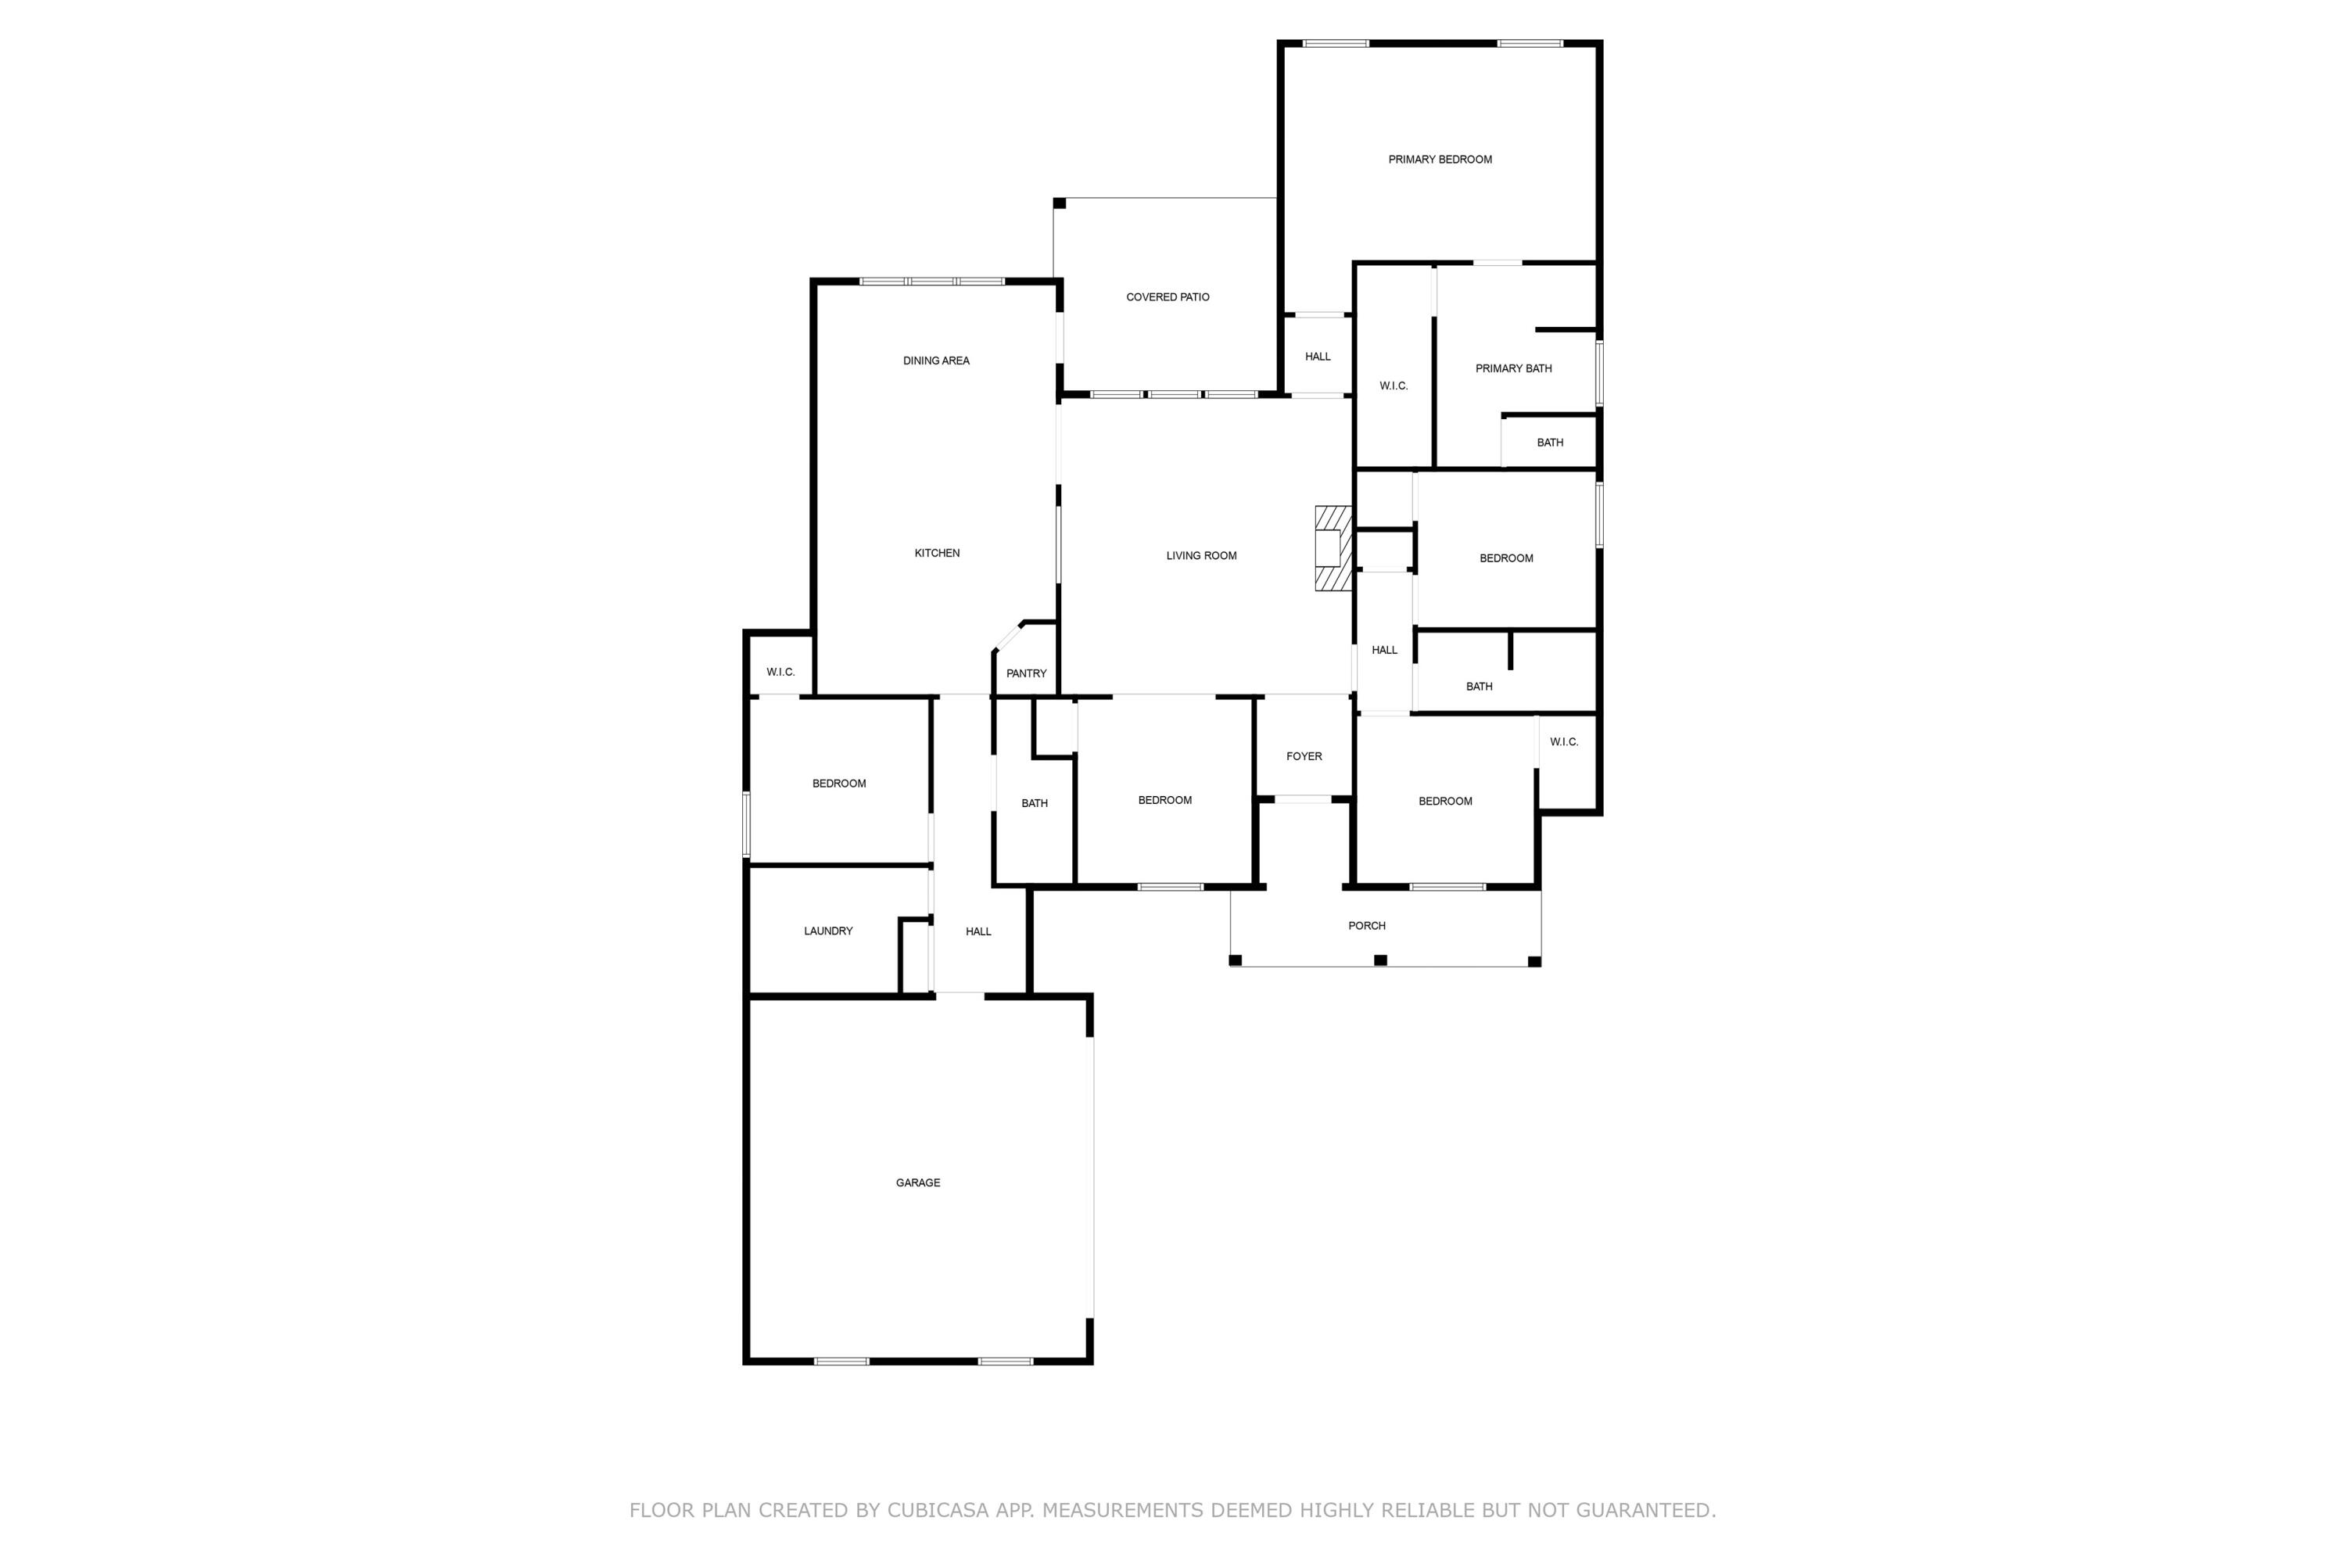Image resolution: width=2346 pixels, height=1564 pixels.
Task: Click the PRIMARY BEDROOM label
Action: click(x=1440, y=160)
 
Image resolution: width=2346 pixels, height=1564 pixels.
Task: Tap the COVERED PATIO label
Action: click(x=1167, y=297)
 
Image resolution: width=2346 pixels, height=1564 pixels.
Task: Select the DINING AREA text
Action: click(x=935, y=361)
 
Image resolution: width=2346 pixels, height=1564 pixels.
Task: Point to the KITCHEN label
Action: click(x=937, y=554)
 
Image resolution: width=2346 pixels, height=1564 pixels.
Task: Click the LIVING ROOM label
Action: click(x=1201, y=555)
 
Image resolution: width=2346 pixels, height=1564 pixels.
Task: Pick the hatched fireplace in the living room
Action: click(x=1332, y=549)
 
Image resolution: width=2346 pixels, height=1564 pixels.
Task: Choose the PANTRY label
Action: click(x=1025, y=674)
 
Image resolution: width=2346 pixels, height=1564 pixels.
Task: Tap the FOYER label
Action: click(x=1304, y=757)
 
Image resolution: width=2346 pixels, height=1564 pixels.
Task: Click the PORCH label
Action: click(x=1366, y=927)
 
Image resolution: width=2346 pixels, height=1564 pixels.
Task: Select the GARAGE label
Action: click(x=917, y=1183)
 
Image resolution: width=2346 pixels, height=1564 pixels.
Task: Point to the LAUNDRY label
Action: click(x=828, y=931)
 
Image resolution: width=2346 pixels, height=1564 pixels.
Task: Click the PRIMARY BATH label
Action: click(x=1513, y=369)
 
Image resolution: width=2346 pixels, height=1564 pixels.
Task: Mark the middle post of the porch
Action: click(x=1380, y=960)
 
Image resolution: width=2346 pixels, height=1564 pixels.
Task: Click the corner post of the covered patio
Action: click(x=1060, y=203)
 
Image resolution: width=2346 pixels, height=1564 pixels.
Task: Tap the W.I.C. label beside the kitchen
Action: click(x=780, y=673)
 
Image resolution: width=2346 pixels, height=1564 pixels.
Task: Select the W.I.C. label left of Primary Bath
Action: click(x=1393, y=386)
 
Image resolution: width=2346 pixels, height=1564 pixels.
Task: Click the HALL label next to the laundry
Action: click(x=977, y=931)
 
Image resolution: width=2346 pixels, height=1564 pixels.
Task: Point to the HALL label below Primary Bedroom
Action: click(x=1318, y=357)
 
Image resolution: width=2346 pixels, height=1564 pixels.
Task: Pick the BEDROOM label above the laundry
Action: click(x=839, y=784)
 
